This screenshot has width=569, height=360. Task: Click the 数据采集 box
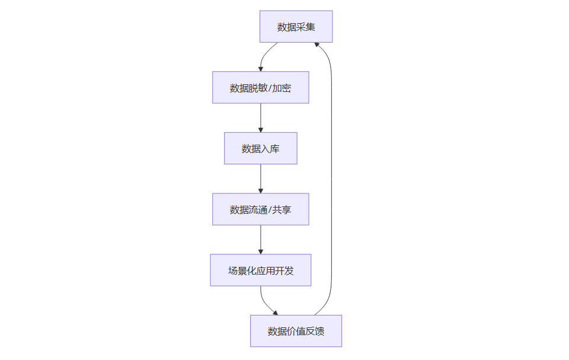296,27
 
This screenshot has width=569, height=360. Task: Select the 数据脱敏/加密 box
261,88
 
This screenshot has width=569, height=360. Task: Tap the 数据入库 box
261,148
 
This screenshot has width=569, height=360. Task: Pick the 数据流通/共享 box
261,209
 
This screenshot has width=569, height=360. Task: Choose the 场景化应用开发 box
261,270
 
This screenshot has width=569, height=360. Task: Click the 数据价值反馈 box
296,331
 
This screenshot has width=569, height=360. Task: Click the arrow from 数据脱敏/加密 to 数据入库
261,117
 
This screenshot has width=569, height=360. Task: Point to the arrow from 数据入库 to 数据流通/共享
261,179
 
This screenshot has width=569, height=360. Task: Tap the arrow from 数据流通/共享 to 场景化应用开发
261,240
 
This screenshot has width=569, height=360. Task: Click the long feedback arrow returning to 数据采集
331,178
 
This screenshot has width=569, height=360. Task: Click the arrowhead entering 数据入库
261,129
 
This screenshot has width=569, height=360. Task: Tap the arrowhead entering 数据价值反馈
275,313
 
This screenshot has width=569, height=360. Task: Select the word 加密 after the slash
282,88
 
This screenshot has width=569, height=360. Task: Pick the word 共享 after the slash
282,209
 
